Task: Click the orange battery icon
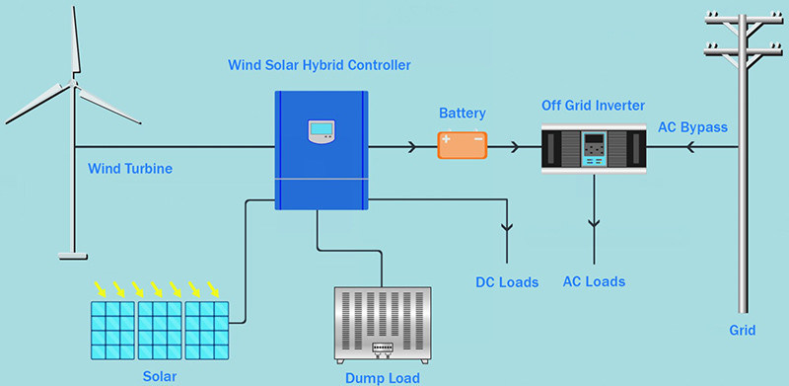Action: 463,146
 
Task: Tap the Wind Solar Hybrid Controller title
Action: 320,65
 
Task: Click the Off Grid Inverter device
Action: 593,148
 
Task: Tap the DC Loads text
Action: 507,282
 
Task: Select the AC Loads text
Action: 594,282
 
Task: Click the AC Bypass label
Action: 692,126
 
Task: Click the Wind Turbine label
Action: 130,169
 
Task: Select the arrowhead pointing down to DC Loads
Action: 507,229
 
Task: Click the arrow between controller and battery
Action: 407,148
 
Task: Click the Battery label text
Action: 463,114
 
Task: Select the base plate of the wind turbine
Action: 73,256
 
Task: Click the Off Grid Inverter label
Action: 592,105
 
